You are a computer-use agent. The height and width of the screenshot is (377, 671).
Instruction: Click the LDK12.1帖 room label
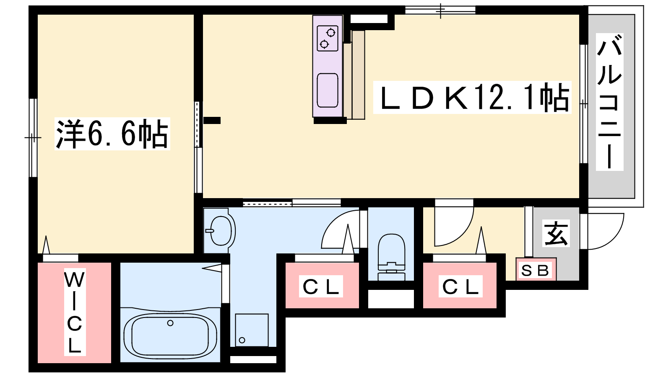[x=472, y=98]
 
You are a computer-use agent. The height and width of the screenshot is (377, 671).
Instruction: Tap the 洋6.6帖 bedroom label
[x=112, y=134]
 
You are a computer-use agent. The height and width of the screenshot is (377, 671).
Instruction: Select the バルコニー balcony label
[x=609, y=102]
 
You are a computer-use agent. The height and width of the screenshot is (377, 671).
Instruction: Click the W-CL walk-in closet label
[x=75, y=312]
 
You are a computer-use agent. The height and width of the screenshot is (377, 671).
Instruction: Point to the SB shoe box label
[x=536, y=270]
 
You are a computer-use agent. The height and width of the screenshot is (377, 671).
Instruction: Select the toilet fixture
[x=391, y=256]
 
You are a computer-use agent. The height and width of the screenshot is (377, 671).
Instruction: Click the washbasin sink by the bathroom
[x=221, y=230]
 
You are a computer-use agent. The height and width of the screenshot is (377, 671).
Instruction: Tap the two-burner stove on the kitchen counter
[x=328, y=38]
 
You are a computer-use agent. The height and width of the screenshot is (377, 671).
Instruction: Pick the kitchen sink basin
[x=328, y=90]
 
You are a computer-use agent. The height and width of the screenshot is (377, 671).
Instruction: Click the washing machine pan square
[x=252, y=330]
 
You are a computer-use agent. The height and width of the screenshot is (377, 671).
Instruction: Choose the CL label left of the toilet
[x=321, y=287]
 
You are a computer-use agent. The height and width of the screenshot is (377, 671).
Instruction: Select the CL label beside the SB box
[x=460, y=287]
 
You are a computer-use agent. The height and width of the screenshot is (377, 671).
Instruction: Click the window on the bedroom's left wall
[x=33, y=137]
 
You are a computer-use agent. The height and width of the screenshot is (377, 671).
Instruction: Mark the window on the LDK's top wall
[x=440, y=10]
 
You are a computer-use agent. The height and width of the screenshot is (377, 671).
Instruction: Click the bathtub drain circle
[x=170, y=323]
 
